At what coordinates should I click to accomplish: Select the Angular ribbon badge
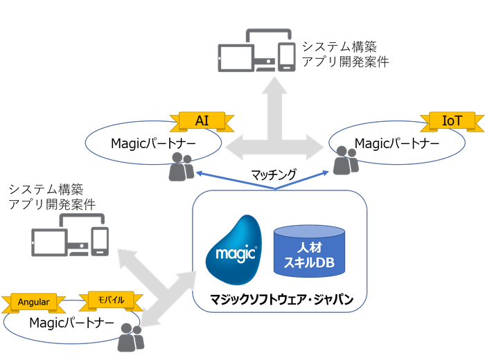[x=33, y=302]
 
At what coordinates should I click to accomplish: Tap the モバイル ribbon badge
[x=111, y=300]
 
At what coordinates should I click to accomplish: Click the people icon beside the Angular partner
[x=130, y=337]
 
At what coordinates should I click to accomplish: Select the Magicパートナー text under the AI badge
[x=153, y=143]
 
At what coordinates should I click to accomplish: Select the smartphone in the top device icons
[x=285, y=57]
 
